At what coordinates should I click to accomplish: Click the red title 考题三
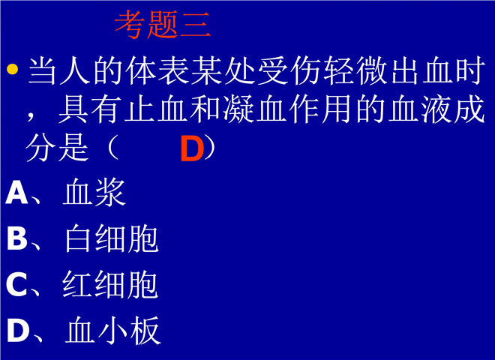(163, 24)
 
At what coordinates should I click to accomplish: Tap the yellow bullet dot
(12, 69)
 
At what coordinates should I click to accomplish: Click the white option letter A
(16, 192)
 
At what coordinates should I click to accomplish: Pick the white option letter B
(16, 238)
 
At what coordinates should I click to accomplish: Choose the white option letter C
(16, 284)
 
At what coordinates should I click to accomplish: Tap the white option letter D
(18, 330)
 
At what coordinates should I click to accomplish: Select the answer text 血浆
(94, 192)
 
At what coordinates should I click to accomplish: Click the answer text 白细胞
(112, 238)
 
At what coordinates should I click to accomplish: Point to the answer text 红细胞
(110, 284)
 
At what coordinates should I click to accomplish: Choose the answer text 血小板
(112, 330)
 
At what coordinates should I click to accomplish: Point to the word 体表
(158, 70)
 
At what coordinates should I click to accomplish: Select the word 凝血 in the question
(238, 109)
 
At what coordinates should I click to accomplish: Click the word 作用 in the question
(320, 109)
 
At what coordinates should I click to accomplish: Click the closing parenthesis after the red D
(210, 148)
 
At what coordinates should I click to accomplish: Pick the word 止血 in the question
(157, 109)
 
